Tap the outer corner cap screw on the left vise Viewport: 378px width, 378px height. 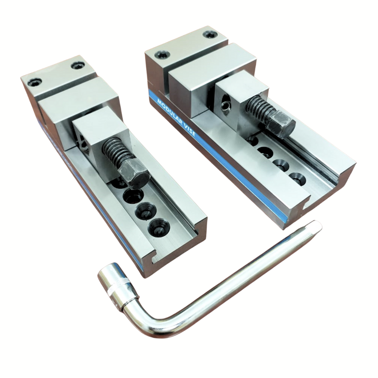coord(34,82)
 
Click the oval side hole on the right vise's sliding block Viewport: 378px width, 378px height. coord(225,103)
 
